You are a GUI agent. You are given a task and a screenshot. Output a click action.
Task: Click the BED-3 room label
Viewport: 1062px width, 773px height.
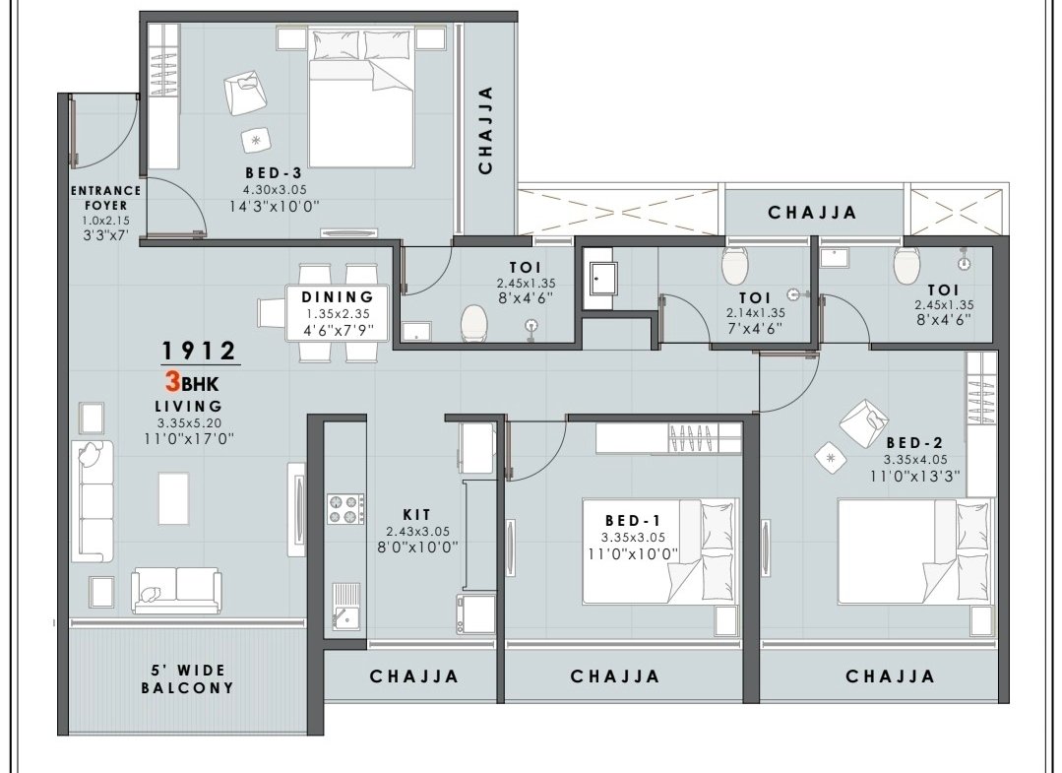pyautogui.click(x=274, y=172)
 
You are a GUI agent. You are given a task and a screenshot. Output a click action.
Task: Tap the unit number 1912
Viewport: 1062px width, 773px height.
pyautogui.click(x=199, y=351)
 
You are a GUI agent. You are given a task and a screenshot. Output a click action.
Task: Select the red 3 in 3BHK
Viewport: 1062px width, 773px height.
pyautogui.click(x=172, y=382)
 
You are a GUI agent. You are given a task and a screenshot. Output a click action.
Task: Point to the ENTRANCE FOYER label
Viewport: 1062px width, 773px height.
pyautogui.click(x=105, y=198)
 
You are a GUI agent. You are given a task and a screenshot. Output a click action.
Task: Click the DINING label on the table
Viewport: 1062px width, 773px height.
pyautogui.click(x=338, y=296)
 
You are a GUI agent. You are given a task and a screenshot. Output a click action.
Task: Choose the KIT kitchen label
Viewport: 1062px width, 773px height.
pyautogui.click(x=416, y=515)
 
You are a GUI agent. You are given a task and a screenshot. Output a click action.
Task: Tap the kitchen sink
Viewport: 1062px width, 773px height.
pyautogui.click(x=346, y=608)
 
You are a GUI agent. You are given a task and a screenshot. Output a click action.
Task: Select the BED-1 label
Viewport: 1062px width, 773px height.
pyautogui.click(x=633, y=520)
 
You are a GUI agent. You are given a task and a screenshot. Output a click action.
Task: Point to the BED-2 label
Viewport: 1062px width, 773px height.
pyautogui.click(x=914, y=443)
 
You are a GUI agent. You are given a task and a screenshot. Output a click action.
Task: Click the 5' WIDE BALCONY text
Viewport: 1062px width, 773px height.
pyautogui.click(x=187, y=678)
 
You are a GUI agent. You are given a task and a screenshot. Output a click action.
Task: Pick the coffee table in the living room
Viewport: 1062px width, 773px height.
pyautogui.click(x=173, y=498)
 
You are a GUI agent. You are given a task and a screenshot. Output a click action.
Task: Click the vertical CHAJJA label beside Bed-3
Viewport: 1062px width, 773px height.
pyautogui.click(x=485, y=130)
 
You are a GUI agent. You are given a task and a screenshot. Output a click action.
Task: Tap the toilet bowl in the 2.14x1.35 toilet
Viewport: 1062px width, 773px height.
pyautogui.click(x=735, y=265)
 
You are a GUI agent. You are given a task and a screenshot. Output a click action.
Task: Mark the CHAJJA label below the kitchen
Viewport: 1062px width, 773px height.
pyautogui.click(x=414, y=676)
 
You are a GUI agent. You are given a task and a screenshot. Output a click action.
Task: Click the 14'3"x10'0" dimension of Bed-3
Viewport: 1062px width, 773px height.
pyautogui.click(x=275, y=206)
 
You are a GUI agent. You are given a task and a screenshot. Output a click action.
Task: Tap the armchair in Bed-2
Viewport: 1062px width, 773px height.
pyautogui.click(x=863, y=423)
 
